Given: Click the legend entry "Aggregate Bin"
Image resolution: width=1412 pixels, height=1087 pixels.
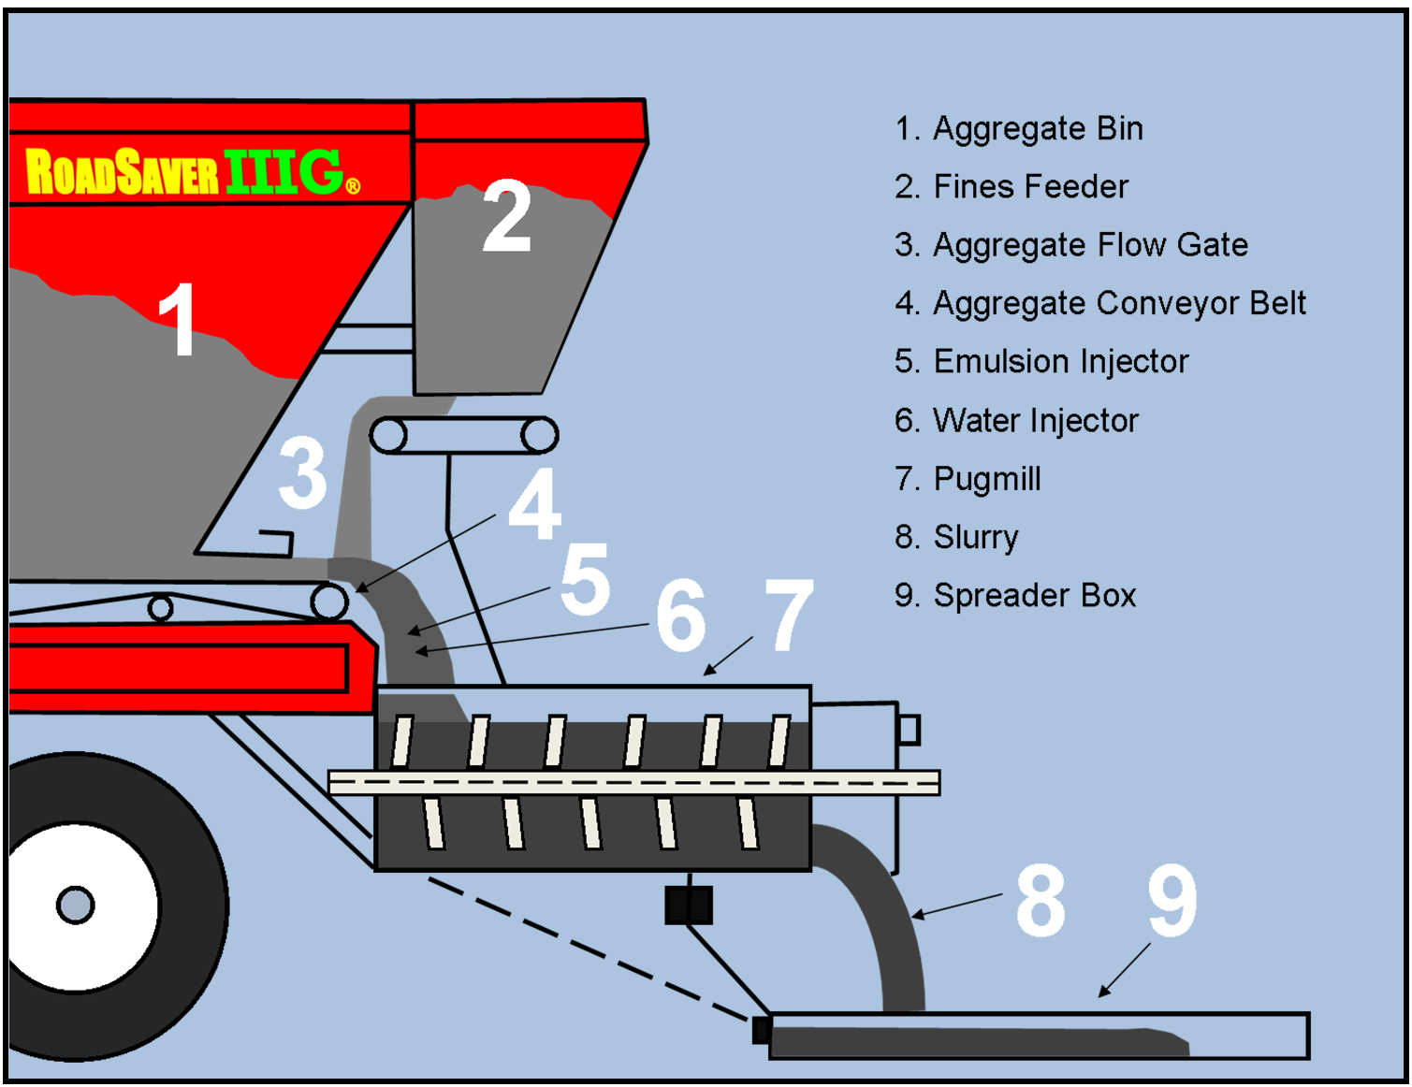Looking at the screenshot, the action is click(x=1018, y=128).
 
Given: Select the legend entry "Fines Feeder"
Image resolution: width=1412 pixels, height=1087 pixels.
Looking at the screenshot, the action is click(x=1012, y=187).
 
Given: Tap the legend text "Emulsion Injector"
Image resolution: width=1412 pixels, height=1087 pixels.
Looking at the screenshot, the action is click(x=1041, y=362).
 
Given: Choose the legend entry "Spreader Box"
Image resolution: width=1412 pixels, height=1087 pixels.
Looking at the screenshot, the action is click(x=1015, y=596).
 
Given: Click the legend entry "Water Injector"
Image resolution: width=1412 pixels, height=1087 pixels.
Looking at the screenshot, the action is click(x=1016, y=421).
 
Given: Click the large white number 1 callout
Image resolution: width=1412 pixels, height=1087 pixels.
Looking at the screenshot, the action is click(x=178, y=319).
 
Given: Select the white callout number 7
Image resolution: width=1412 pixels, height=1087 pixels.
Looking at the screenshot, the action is click(x=788, y=615).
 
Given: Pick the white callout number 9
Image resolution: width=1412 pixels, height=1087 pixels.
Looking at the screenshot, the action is click(x=1172, y=900).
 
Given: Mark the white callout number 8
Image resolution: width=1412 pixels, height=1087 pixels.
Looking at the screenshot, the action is click(x=1041, y=900).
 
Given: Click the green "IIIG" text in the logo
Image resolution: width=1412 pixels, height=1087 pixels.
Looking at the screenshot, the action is click(x=284, y=171).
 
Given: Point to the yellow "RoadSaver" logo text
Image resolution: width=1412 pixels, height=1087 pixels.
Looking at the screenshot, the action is click(x=122, y=171).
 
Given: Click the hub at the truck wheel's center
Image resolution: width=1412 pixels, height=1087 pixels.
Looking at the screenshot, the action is click(x=76, y=906).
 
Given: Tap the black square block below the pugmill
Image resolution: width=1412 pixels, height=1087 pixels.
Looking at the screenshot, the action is click(x=689, y=906).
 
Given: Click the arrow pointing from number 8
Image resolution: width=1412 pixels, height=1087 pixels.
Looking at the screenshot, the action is click(x=956, y=906).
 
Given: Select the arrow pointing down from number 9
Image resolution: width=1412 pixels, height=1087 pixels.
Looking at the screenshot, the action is click(x=1124, y=970).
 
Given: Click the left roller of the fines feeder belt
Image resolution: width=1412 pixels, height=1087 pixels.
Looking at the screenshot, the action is click(x=388, y=435).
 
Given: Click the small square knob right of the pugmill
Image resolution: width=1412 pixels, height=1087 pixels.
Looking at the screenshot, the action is click(x=910, y=730).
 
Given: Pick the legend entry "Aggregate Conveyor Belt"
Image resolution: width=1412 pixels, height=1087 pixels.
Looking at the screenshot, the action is click(x=1100, y=303).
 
